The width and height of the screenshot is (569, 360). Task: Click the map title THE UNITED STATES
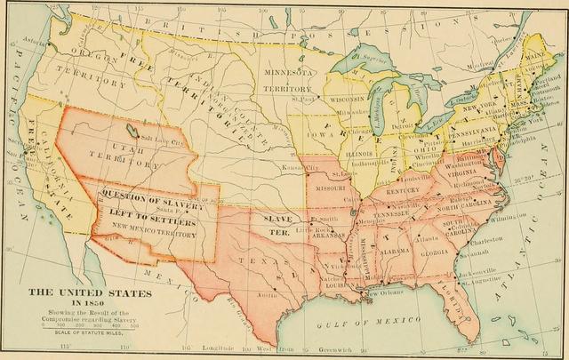(x=75, y=292)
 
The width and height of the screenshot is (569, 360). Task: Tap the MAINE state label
(x=542, y=60)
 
